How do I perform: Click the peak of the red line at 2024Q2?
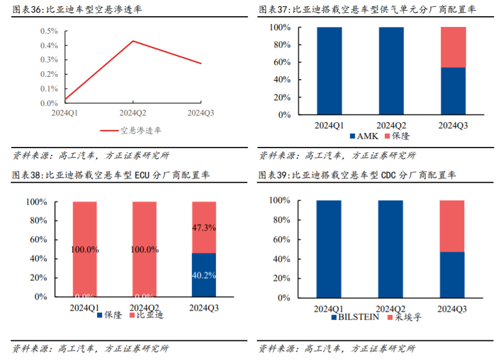click(133, 41)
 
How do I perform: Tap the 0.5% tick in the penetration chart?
click(49, 30)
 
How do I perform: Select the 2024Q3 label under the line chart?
click(201, 113)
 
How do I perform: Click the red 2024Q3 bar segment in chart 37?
click(454, 47)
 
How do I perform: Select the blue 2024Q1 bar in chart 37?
click(329, 71)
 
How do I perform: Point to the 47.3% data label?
click(204, 228)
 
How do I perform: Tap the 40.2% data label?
click(204, 275)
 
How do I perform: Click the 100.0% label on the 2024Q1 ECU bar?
click(85, 249)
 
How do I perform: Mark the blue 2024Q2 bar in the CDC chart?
click(390, 248)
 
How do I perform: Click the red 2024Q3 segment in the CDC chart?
click(452, 226)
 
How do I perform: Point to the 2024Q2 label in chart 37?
click(391, 124)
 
